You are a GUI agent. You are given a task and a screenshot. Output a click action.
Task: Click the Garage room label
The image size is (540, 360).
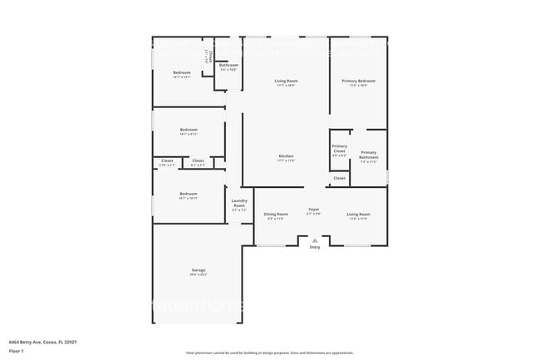(199, 271)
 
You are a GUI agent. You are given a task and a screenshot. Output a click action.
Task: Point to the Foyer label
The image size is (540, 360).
(314, 210)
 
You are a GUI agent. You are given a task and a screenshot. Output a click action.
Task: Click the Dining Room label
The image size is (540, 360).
(276, 215)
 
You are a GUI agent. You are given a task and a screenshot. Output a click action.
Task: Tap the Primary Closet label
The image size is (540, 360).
(340, 150)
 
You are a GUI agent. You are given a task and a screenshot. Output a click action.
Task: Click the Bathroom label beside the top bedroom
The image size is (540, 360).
(228, 67)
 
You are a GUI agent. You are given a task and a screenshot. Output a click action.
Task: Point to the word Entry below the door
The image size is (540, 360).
(314, 248)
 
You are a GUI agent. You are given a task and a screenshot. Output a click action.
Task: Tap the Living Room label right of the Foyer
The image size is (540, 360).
(359, 215)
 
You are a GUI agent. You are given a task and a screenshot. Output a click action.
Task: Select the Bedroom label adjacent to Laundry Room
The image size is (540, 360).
(188, 195)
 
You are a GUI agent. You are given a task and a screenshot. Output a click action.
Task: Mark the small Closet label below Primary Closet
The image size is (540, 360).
(340, 178)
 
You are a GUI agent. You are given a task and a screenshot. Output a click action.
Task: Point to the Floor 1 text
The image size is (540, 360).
(17, 350)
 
